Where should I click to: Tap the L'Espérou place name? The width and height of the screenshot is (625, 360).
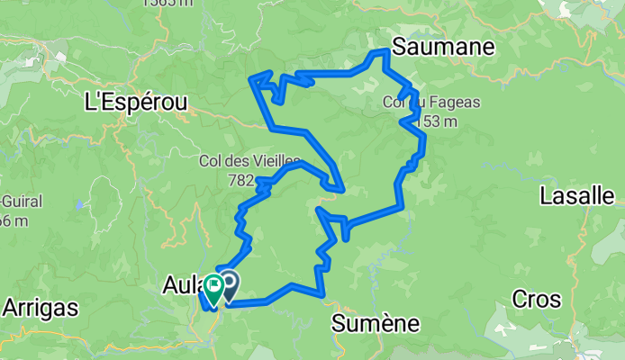point(135,103)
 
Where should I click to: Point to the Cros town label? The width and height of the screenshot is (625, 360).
point(535,299)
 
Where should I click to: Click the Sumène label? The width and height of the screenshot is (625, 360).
point(372,321)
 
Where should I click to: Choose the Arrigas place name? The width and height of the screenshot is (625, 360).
point(40,307)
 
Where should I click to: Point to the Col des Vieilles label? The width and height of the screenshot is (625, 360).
point(244,162)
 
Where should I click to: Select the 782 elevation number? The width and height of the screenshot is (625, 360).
point(241,180)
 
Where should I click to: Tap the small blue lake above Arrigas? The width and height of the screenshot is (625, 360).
point(79,204)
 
